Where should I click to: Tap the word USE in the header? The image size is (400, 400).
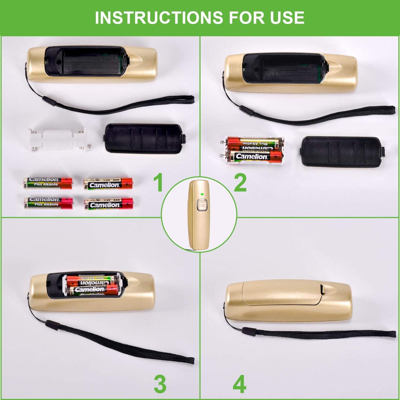click(x=287, y=17)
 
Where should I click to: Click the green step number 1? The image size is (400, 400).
click(x=158, y=183)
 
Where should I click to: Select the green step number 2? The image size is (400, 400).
click(x=240, y=183)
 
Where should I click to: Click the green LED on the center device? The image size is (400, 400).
click(x=202, y=194)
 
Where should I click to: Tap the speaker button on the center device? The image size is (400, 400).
click(x=202, y=205)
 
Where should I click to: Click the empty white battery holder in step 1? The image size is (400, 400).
click(x=58, y=139)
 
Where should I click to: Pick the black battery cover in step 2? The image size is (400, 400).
click(x=343, y=151)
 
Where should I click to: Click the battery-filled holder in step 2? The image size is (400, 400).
click(x=254, y=150)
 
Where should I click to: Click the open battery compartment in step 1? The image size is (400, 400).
click(x=87, y=61)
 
